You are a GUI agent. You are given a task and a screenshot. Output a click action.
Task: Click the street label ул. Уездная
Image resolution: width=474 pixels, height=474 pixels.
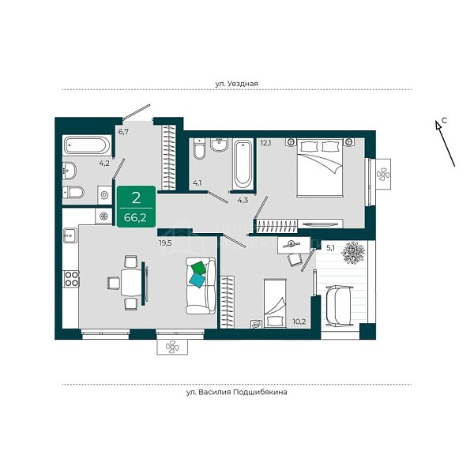point(237,84)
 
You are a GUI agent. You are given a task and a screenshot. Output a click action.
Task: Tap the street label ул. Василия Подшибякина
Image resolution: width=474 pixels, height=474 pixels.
point(237,393)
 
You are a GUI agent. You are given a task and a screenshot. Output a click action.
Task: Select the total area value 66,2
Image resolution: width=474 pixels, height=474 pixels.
point(135,217)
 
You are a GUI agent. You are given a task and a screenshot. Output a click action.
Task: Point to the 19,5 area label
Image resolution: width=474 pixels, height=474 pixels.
point(165,243)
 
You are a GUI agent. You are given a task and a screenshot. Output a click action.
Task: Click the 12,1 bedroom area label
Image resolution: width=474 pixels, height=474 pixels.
point(265,143)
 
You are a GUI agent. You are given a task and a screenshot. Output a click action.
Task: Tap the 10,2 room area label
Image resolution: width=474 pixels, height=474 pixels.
point(299,322)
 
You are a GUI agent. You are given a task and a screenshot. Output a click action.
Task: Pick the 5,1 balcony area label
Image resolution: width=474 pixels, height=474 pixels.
point(330,248)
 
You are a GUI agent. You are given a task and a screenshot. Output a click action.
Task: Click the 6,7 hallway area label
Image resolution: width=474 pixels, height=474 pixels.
point(123,132)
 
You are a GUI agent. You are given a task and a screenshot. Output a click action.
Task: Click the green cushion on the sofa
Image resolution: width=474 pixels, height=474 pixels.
point(198,268)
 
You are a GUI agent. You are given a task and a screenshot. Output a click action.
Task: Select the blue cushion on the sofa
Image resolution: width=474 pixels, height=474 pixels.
point(197,280)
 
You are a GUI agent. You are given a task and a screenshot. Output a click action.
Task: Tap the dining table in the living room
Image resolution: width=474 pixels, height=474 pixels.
point(131,283)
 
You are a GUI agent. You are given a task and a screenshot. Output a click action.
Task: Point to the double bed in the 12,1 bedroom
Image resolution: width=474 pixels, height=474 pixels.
point(320,167)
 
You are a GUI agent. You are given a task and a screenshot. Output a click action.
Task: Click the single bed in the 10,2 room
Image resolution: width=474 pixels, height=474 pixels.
point(275,303)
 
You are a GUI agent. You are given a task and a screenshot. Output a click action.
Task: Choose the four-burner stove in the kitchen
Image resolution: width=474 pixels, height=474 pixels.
point(71,279)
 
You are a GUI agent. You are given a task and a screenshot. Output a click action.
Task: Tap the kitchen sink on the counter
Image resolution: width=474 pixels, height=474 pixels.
point(70,235)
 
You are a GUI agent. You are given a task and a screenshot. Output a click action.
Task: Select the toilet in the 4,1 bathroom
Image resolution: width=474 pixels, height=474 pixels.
point(199,149)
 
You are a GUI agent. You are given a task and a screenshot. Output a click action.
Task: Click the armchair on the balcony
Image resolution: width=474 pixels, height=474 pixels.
point(340,306)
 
